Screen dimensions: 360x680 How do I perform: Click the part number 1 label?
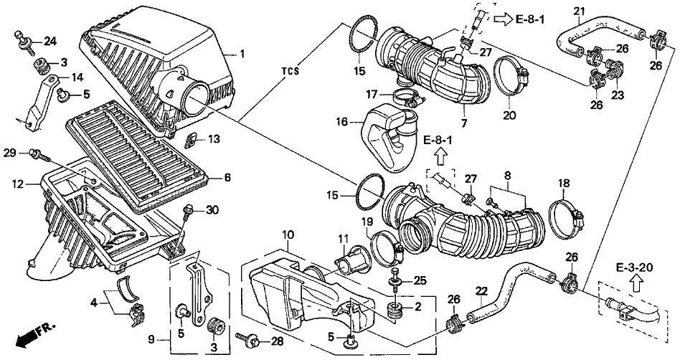tap(242, 54)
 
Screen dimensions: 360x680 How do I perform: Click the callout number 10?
tap(288, 235)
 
